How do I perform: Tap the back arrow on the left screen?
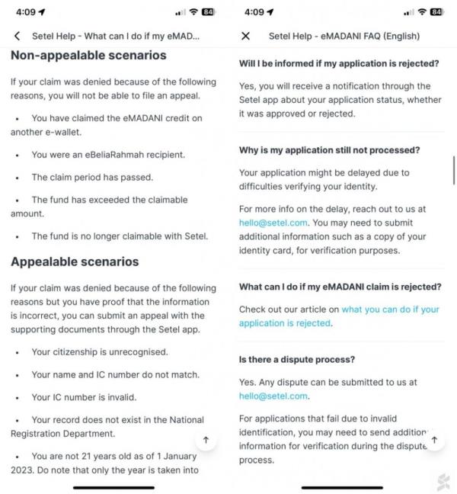17,36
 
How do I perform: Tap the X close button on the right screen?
245,36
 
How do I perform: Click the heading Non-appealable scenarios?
88,56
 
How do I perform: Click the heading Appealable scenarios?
75,261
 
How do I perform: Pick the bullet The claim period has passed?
92,177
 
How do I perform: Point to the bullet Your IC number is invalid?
84,397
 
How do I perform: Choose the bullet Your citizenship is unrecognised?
100,352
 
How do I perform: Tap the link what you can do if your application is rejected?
339,316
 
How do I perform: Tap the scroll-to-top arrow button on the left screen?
206,441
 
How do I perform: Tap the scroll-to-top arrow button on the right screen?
434,440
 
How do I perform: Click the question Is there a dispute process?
297,358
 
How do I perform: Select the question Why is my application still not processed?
329,149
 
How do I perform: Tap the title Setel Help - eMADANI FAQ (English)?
344,36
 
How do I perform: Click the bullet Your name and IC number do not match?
115,374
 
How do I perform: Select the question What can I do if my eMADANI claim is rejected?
340,287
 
